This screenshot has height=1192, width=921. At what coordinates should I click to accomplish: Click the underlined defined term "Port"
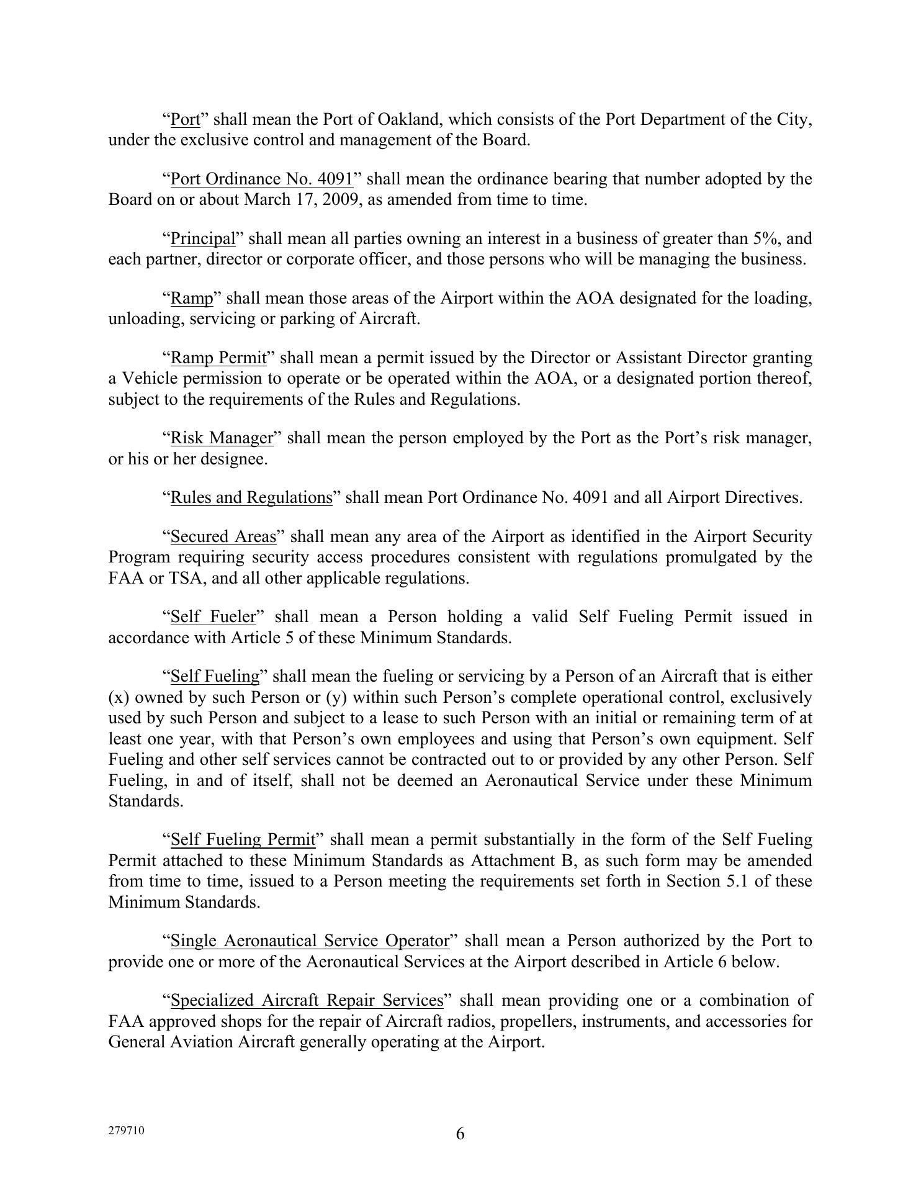pos(185,119)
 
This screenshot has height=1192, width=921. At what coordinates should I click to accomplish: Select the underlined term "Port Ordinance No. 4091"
pos(261,179)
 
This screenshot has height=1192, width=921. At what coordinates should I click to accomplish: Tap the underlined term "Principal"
pos(203,239)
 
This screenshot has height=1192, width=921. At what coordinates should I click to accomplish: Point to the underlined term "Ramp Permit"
pos(218,358)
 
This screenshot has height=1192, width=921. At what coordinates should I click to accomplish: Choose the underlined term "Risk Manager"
pos(222,438)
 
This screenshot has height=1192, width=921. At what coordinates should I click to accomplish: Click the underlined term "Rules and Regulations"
pos(251,498)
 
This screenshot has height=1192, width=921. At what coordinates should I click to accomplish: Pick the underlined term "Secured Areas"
pos(223,537)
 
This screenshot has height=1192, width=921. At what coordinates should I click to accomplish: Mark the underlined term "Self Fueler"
pos(213,617)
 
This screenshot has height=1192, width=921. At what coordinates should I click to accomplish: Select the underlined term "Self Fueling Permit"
pos(243,840)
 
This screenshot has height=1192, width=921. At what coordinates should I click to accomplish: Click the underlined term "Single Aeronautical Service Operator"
pos(309,941)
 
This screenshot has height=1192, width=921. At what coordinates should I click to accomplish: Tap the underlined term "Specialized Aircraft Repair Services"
pos(307,1001)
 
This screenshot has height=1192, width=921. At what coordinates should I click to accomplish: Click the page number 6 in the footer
pos(460,1134)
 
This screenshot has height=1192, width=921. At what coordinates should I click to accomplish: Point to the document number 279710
pos(126,1131)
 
